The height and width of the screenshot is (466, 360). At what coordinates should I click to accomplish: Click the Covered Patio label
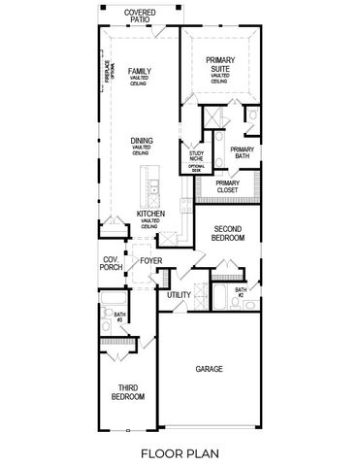point(143,15)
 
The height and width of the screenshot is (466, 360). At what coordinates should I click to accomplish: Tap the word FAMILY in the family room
point(142,71)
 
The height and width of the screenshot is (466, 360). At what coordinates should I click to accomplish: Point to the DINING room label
point(142,141)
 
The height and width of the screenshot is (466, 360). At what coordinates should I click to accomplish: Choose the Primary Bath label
point(242,153)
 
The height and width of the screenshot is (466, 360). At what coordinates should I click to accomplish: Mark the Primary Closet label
point(227,187)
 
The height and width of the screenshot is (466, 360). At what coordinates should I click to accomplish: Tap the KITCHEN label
point(150,213)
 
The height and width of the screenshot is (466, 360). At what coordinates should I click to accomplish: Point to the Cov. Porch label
point(111,263)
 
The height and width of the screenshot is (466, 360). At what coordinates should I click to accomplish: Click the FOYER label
point(150,260)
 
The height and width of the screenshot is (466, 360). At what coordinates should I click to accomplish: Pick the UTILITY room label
point(179,294)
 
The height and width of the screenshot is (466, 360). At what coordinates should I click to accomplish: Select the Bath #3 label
point(120,316)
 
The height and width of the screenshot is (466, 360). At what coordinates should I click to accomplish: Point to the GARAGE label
point(209,369)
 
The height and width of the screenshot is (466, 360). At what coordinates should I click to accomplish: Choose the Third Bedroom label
point(126,392)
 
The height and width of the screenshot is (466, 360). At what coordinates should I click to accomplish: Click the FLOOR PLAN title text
point(180,452)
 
